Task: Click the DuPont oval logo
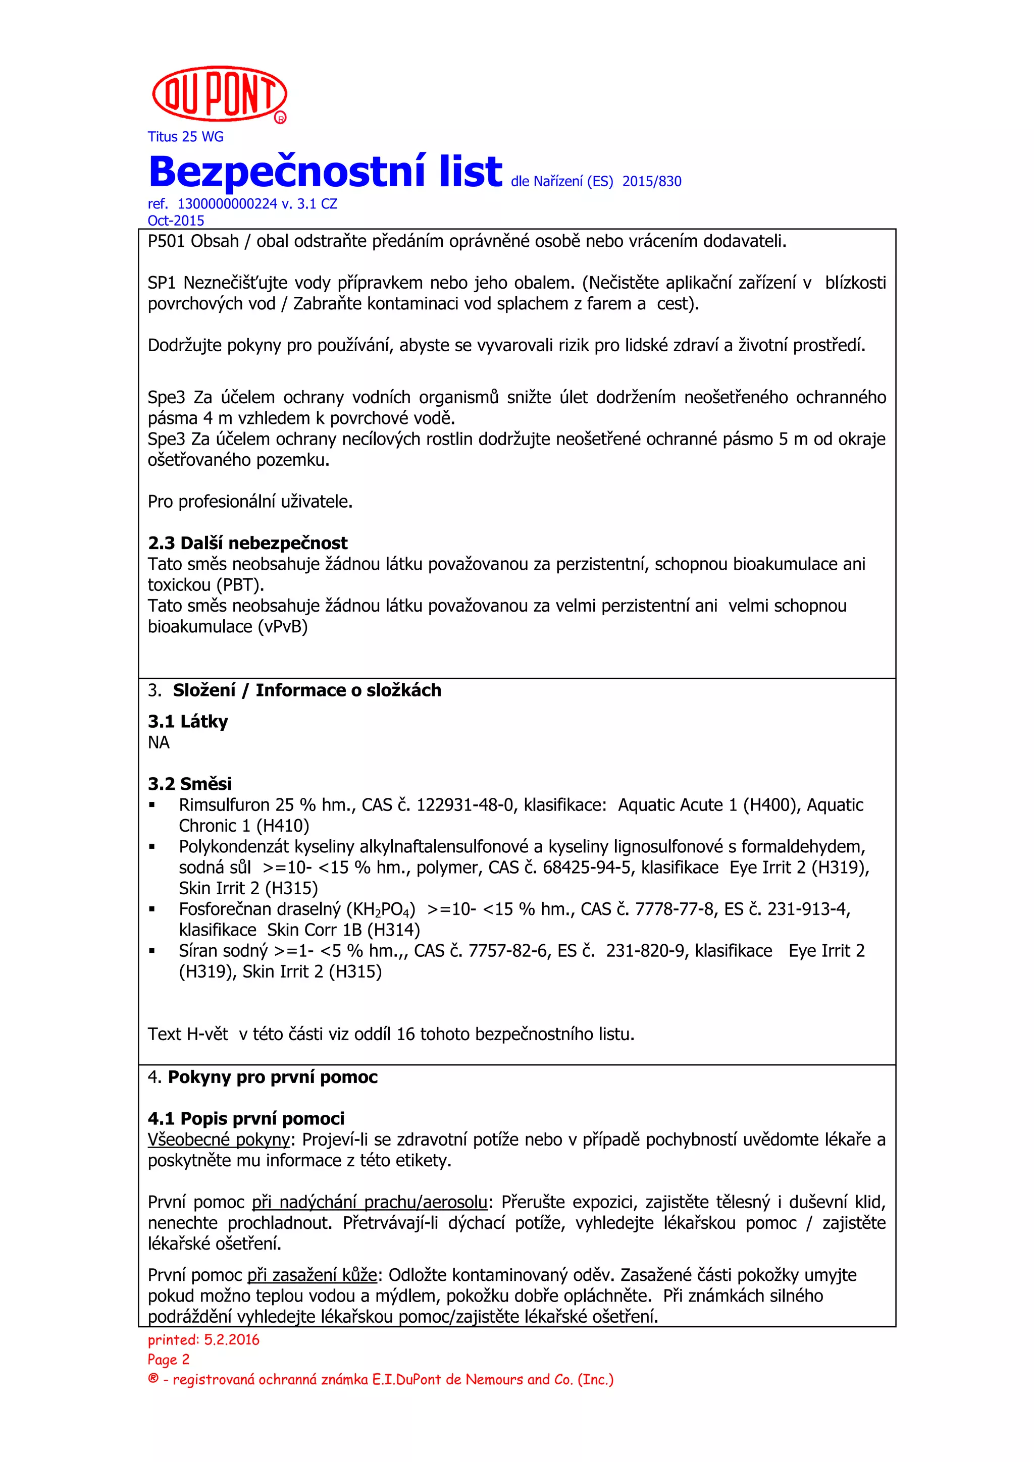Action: (x=219, y=93)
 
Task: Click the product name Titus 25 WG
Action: (x=185, y=137)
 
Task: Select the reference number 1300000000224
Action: (x=227, y=204)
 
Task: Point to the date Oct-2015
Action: (x=176, y=221)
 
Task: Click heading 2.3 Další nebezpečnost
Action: (x=247, y=543)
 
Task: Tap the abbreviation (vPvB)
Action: (x=282, y=627)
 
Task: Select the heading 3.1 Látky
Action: (x=187, y=722)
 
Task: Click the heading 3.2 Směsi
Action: (x=189, y=783)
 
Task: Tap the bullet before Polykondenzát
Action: (x=152, y=847)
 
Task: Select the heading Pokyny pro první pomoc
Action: (x=272, y=1077)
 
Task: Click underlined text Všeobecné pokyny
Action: (x=219, y=1139)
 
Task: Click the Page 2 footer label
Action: (x=168, y=1360)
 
